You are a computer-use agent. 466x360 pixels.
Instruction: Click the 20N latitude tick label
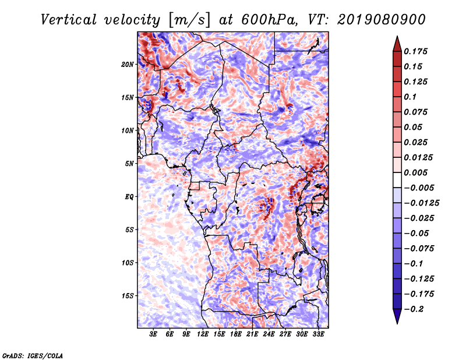128,65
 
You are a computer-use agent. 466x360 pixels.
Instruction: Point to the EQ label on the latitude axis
129,197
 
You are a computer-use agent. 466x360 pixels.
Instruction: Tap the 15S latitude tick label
128,296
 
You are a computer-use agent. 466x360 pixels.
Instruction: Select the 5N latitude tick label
129,164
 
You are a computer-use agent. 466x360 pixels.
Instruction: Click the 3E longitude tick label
153,334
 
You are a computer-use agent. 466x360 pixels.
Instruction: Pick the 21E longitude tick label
252,334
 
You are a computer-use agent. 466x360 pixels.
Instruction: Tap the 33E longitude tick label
318,334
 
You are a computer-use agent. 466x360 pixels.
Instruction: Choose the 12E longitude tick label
203,334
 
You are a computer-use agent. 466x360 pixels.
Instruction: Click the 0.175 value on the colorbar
415,51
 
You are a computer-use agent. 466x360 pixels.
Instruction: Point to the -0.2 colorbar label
414,309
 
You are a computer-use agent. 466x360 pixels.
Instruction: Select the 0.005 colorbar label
415,172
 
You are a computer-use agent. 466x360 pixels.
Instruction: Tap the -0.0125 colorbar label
421,203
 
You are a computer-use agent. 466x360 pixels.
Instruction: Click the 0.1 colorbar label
410,97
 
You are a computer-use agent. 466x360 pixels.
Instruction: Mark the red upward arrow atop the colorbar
397,44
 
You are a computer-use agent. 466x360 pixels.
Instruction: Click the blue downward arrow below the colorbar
397,316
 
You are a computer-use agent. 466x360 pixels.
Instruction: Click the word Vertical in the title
69,20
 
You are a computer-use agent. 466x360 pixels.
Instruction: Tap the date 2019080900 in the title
382,20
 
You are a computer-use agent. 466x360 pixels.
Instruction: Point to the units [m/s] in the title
189,20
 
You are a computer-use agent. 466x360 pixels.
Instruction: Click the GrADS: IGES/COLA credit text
33,355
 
